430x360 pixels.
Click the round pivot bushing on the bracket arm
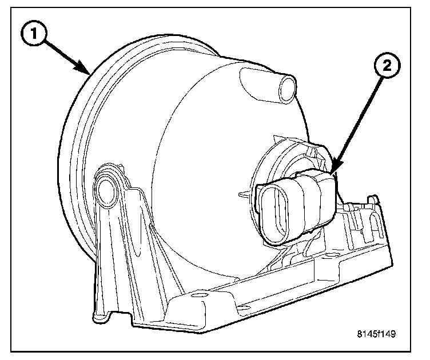pyautogui.click(x=105, y=192)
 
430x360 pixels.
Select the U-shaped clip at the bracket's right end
pyautogui.click(x=372, y=218)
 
